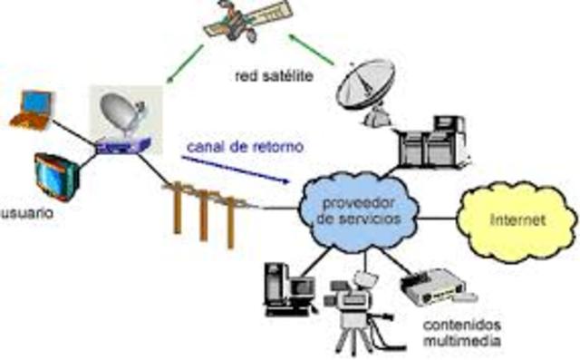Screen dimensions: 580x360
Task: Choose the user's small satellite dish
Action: (123, 115)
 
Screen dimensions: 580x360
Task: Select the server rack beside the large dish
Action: (434, 143)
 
